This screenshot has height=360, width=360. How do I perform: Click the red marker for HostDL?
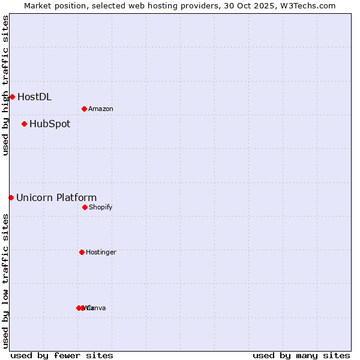(12, 97)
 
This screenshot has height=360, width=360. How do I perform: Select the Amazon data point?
(84, 109)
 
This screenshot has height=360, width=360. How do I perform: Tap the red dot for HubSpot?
(24, 124)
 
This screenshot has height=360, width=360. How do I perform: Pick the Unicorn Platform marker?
(11, 197)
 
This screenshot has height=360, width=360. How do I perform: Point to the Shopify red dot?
(85, 207)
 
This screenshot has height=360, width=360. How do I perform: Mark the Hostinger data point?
(82, 252)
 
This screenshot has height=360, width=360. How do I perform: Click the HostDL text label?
(34, 97)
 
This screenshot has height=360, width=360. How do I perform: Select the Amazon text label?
(101, 109)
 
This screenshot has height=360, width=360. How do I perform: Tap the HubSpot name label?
(50, 124)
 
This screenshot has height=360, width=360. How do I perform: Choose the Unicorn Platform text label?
(56, 197)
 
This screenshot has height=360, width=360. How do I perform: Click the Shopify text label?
(101, 207)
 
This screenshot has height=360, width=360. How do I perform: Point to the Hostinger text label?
(101, 252)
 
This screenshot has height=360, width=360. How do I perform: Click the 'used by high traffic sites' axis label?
(5, 85)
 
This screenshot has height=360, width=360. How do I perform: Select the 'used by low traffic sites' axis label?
(5, 281)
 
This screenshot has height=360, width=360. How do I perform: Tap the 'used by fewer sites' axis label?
(62, 355)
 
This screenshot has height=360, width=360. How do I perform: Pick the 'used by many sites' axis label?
(301, 355)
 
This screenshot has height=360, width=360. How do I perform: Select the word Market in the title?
(38, 5)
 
